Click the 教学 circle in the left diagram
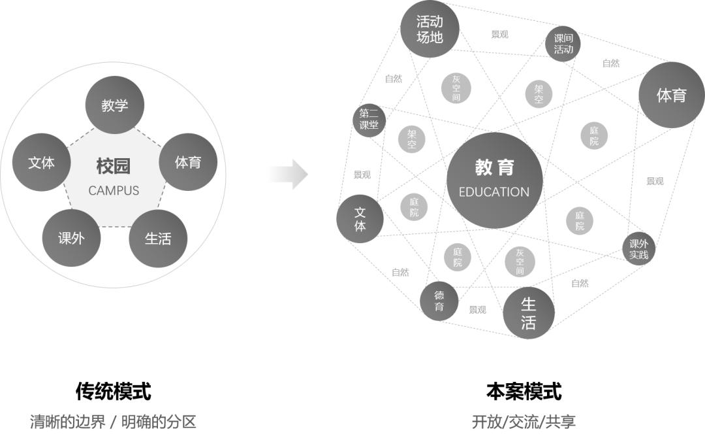tap(115, 105)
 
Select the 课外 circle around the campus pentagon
tap(71, 238)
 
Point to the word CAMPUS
tap(114, 191)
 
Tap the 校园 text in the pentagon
tap(114, 166)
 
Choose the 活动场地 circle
tap(430, 29)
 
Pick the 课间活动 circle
tap(563, 44)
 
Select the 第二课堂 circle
tap(369, 120)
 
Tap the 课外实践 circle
tap(638, 248)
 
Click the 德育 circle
tap(439, 301)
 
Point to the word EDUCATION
tap(494, 192)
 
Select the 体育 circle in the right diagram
tap(671, 95)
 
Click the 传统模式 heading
tap(114, 392)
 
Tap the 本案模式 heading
tap(524, 392)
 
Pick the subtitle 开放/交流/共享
tap(524, 422)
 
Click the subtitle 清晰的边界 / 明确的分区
tap(114, 422)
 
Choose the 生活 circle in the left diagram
tap(158, 239)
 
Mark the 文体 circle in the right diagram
tap(360, 219)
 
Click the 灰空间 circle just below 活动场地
tap(456, 88)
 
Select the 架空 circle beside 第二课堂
tap(412, 139)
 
